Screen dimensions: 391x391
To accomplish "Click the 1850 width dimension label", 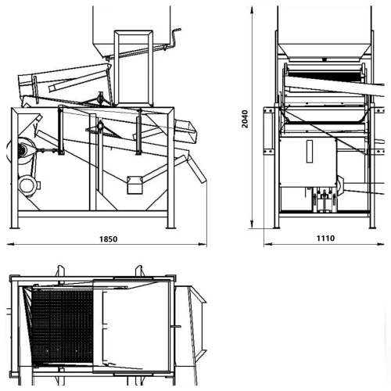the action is [x=109, y=239].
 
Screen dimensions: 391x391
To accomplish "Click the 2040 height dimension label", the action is [x=245, y=119].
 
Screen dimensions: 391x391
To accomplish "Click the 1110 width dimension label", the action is [x=325, y=239].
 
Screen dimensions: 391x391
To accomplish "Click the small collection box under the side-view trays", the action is [x=135, y=185].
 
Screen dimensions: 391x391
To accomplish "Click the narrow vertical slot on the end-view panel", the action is [x=310, y=152].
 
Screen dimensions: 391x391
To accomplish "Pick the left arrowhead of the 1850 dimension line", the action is [x=10, y=244].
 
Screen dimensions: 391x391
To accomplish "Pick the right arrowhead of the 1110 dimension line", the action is [x=381, y=244].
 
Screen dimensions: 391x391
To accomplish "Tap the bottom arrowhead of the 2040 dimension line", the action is [x=252, y=224].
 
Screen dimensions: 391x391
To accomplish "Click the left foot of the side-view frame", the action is [x=15, y=228].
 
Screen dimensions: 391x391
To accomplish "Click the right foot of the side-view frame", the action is [x=170, y=228].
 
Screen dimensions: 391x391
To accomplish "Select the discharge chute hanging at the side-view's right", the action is [x=198, y=170].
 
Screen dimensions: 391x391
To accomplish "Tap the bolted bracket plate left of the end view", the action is [x=268, y=131].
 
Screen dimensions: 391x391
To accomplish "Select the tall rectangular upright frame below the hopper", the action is [x=133, y=68].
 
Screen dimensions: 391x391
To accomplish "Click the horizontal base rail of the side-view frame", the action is [x=92, y=214].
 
